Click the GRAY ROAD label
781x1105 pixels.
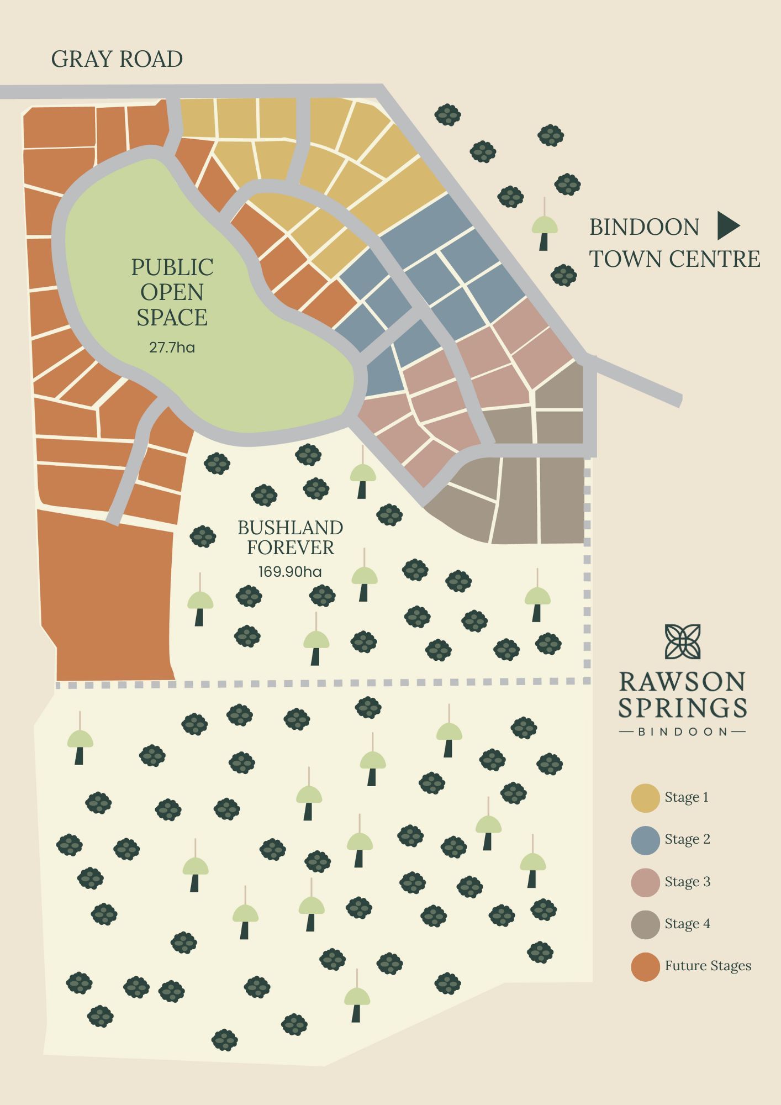click(117, 59)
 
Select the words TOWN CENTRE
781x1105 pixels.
click(675, 259)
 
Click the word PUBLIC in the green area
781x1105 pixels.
click(172, 267)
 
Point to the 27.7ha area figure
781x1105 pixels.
click(172, 348)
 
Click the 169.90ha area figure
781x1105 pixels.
click(290, 571)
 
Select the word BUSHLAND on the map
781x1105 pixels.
click(290, 528)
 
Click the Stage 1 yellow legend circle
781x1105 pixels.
click(645, 797)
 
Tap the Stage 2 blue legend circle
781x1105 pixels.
click(645, 840)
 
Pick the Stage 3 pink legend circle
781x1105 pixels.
click(645, 882)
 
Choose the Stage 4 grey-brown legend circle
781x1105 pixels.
click(645, 924)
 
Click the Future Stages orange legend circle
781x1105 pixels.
click(645, 966)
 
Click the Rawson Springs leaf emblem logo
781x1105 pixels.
click(683, 641)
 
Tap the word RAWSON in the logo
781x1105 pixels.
click(682, 682)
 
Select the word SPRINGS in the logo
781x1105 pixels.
click(682, 708)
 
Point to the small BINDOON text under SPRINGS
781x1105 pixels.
click(683, 732)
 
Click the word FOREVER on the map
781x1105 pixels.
click(290, 548)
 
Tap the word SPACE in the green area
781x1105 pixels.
click(172, 317)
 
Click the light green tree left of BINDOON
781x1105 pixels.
click(544, 227)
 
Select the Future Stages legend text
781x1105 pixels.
click(708, 966)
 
